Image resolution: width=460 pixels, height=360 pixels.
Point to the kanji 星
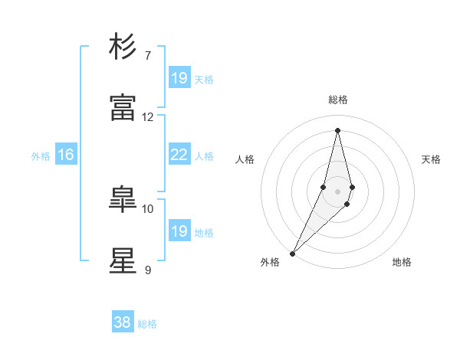click(124, 260)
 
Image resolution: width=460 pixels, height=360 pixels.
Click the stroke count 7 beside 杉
click(148, 55)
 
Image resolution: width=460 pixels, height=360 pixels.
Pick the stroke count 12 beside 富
click(148, 116)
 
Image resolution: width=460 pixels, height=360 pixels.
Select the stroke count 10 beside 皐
click(148, 208)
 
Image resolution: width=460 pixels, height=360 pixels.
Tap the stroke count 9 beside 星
click(148, 270)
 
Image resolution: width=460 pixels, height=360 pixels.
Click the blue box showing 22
click(179, 155)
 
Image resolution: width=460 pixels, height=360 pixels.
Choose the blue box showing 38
click(123, 322)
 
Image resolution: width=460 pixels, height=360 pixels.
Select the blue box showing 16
click(66, 155)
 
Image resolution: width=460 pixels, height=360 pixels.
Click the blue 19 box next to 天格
click(179, 77)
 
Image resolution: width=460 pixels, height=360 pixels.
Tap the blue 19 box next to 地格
click(179, 231)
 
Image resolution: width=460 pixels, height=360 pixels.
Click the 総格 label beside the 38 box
click(148, 324)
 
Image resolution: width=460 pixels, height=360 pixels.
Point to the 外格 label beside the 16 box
click(41, 155)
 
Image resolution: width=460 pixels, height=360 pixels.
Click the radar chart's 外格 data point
click(293, 252)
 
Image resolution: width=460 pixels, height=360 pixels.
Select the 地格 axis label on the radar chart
click(402, 262)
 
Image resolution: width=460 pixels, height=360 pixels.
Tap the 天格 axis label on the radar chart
click(431, 159)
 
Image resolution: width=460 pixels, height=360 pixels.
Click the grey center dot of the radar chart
click(338, 191)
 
